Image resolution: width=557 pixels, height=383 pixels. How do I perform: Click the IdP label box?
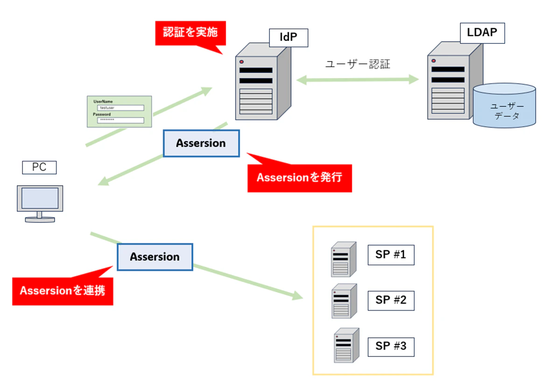(289, 38)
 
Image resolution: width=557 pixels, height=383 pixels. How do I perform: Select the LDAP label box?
(482, 33)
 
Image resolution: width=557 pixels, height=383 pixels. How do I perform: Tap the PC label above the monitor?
(39, 167)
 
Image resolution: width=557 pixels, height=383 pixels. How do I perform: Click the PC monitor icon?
(40, 204)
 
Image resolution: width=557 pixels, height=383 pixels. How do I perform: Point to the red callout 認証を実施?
(190, 33)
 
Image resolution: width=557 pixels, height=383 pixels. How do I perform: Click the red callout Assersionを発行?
(299, 177)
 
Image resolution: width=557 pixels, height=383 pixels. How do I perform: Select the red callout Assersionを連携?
(63, 291)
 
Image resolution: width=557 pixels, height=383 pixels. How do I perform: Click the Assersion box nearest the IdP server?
(201, 143)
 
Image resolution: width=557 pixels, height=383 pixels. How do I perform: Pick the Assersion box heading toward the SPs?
(155, 257)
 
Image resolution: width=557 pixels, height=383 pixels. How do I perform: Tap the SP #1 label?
(391, 255)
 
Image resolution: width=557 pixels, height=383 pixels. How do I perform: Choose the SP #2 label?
(391, 300)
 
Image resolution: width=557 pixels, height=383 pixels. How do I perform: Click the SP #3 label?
(391, 346)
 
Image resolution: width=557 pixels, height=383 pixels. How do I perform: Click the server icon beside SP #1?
(344, 259)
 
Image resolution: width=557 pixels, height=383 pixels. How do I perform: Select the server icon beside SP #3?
(346, 345)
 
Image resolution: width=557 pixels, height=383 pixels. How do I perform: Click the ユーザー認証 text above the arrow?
(358, 64)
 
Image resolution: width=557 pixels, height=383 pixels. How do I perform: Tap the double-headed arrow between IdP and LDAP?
(358, 79)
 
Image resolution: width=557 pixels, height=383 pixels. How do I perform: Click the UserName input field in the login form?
(120, 108)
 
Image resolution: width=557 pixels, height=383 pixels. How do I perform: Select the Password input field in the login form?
(120, 120)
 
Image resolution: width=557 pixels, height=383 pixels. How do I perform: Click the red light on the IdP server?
(241, 62)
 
